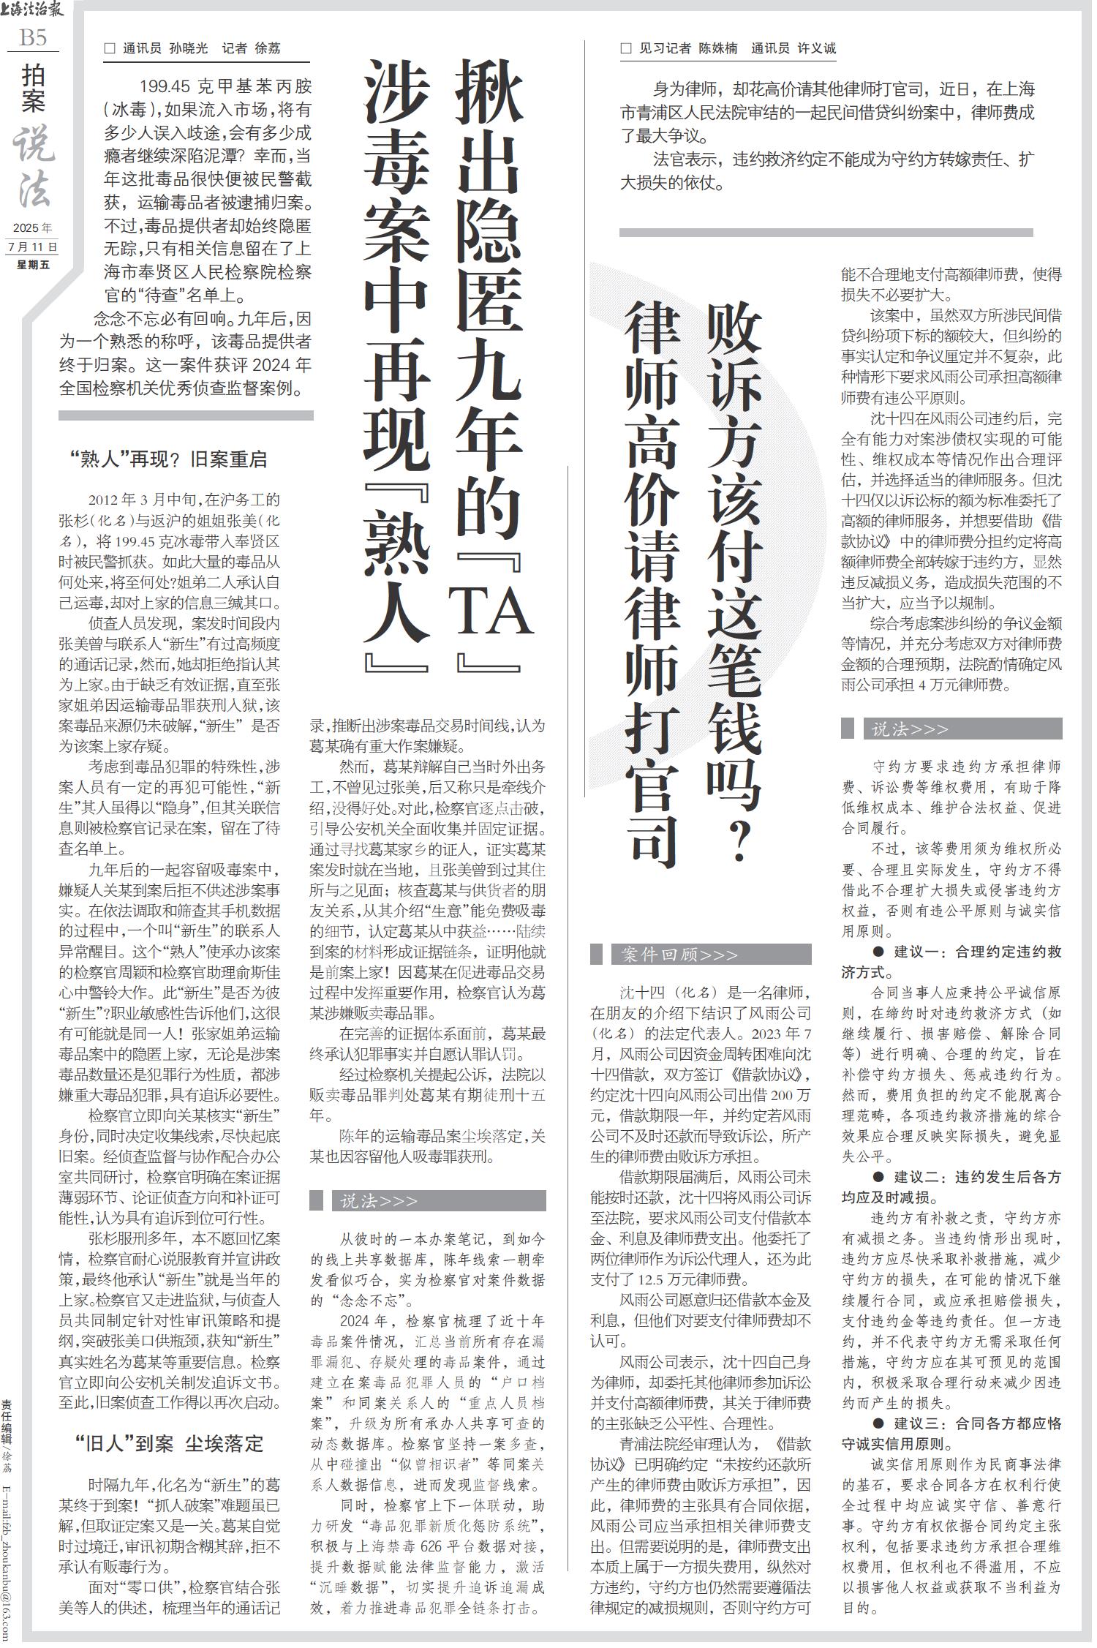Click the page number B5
33,37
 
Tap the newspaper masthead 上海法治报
33,10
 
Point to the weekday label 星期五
34,264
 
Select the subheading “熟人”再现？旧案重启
169,459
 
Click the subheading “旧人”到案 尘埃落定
169,1443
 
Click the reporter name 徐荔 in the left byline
267,49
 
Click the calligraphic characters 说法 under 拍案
34,168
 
